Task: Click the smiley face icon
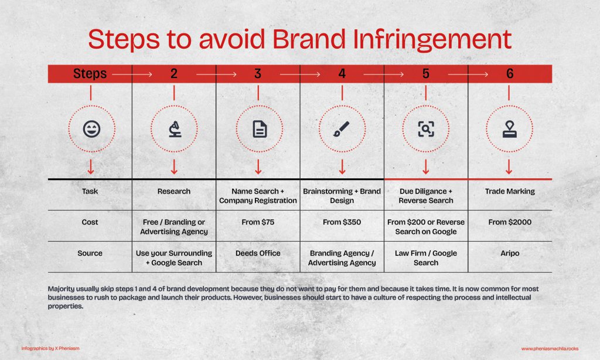(92, 129)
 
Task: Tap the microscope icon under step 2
(175, 129)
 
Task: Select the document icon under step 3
(260, 129)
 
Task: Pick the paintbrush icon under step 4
(342, 129)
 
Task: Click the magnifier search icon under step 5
(426, 129)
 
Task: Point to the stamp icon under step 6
(510, 129)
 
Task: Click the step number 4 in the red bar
(342, 73)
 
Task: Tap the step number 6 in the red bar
(510, 73)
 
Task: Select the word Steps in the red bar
(90, 73)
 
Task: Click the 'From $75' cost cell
(258, 222)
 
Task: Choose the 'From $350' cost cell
(342, 222)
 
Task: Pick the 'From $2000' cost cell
(510, 222)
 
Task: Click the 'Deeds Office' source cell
(258, 253)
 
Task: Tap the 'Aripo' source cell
(510, 253)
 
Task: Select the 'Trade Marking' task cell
(510, 192)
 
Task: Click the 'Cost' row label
(90, 222)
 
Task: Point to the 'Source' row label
(90, 253)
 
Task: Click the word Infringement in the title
(432, 40)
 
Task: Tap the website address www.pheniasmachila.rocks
(550, 348)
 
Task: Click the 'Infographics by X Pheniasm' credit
(50, 348)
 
